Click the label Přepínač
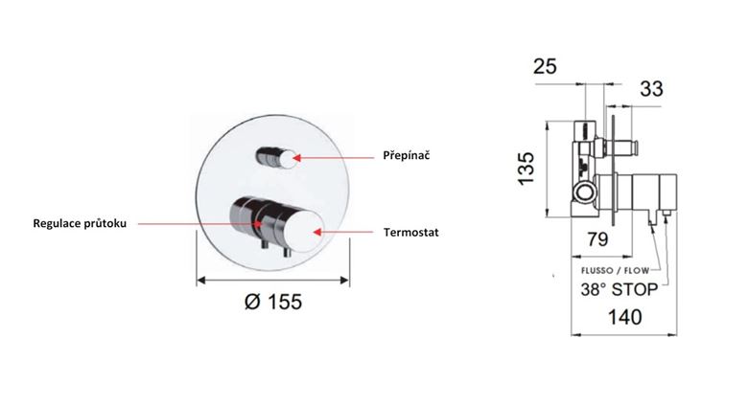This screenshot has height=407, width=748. [x=407, y=156]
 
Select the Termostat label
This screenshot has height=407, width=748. [x=410, y=233]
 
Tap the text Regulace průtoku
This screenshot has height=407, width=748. [x=80, y=223]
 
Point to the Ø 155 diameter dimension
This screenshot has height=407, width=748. [x=273, y=302]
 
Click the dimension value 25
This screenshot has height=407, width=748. [x=545, y=66]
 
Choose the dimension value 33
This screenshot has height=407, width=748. [x=651, y=89]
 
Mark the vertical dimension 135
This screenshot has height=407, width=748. [x=526, y=169]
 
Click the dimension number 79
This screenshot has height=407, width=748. [x=597, y=239]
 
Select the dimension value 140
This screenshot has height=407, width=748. [x=624, y=317]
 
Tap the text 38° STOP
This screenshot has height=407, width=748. [x=619, y=289]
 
